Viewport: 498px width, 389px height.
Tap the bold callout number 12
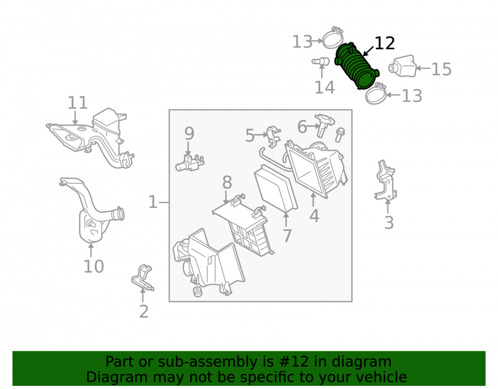pyautogui.click(x=384, y=43)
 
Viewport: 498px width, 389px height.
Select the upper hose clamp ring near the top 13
pyautogui.click(x=333, y=39)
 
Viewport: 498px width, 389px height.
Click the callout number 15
pyautogui.click(x=441, y=69)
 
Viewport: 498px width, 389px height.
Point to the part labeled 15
pyautogui.click(x=402, y=66)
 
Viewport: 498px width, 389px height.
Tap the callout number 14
pyautogui.click(x=324, y=87)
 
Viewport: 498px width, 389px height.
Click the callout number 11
pyautogui.click(x=78, y=103)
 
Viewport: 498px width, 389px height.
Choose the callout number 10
pyautogui.click(x=94, y=266)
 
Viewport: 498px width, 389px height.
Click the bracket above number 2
pyautogui.click(x=142, y=277)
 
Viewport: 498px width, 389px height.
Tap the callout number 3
pyautogui.click(x=389, y=223)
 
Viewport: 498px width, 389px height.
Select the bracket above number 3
pyautogui.click(x=385, y=181)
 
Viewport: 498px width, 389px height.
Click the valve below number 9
pyautogui.click(x=190, y=162)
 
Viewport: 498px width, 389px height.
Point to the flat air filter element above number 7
pyautogui.click(x=276, y=189)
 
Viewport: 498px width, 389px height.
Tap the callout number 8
pyautogui.click(x=227, y=183)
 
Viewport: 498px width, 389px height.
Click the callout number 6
pyautogui.click(x=302, y=127)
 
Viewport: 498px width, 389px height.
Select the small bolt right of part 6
pyautogui.click(x=340, y=134)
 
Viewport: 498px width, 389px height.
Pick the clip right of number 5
pyautogui.click(x=273, y=137)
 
